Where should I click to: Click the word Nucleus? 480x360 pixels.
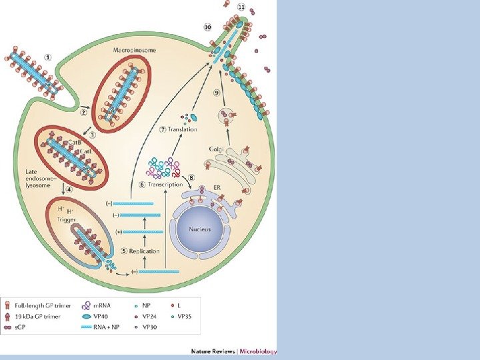pos(199,229)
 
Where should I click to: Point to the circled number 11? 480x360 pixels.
pos(241,7)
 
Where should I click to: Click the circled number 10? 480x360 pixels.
pos(207,27)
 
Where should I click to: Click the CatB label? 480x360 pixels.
pos(74,141)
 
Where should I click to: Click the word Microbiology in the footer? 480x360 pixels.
pos(257,351)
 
